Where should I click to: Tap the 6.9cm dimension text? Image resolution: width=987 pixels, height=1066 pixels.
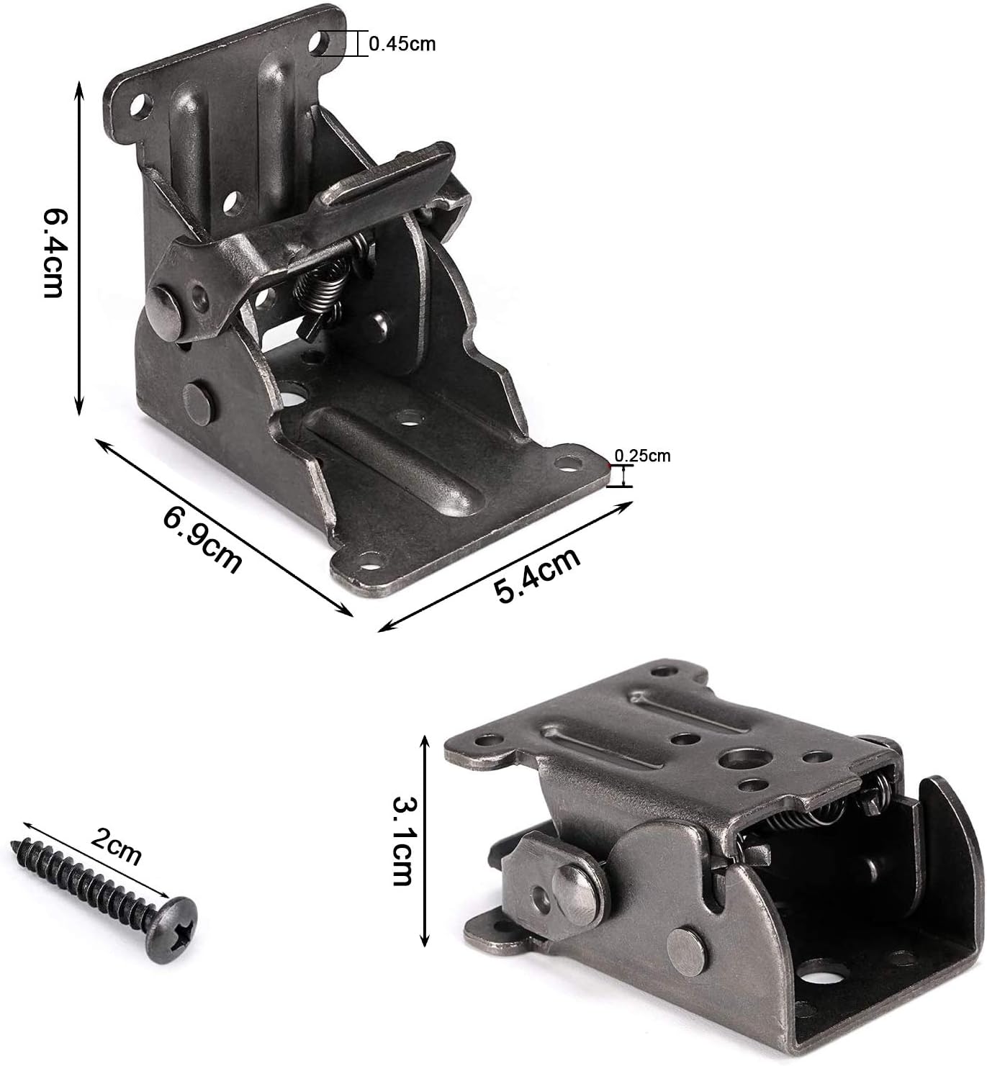coord(202,541)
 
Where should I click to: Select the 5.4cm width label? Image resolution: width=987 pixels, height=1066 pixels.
coord(538,575)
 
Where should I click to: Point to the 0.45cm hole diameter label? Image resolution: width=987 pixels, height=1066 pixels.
coord(402,44)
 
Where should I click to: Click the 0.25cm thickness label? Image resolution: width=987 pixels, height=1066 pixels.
coord(642,456)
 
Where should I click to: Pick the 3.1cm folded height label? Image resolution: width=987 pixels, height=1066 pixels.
coord(402,841)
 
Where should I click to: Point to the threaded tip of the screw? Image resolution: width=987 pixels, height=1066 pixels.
coord(15,846)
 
